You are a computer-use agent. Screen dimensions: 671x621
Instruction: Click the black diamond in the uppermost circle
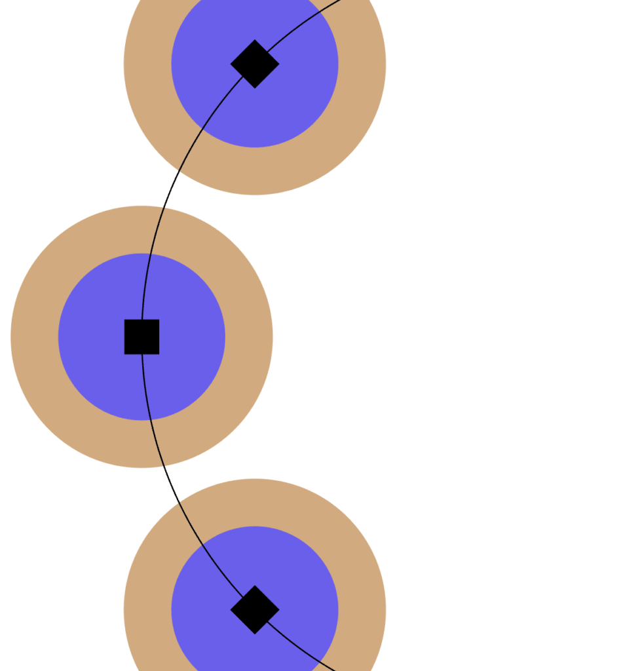pos(255,64)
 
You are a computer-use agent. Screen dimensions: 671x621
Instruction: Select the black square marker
pos(141,337)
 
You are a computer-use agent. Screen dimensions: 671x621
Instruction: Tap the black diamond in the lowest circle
pos(255,609)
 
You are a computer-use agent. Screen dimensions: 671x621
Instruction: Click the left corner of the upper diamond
pos(231,64)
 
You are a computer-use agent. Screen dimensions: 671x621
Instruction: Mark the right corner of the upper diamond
pos(278,64)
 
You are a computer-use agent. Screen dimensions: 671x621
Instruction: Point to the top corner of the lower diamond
pos(255,586)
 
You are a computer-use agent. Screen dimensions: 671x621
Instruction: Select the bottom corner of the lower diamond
pos(255,633)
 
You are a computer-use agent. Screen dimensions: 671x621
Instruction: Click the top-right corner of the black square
pos(159,320)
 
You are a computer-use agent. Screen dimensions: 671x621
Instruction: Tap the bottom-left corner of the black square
pos(125,354)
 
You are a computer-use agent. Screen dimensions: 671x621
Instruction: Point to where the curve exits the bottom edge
pos(335,670)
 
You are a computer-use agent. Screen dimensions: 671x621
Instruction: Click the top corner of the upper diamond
pos(255,41)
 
